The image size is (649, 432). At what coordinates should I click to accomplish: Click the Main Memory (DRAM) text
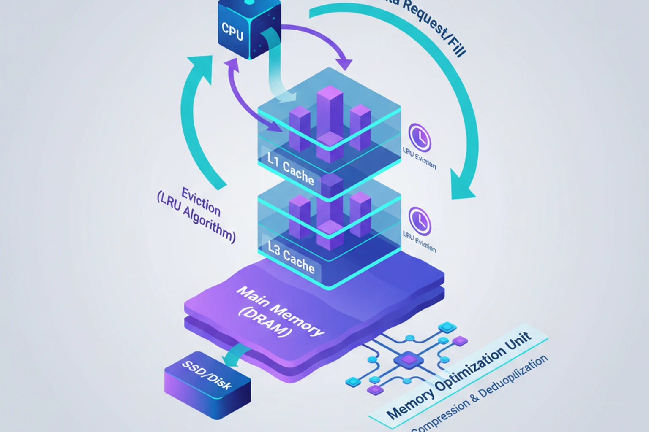coord(279,312)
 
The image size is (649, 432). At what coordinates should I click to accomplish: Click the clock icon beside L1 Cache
coord(420,137)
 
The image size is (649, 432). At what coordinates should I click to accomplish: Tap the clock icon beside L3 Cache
coord(420,221)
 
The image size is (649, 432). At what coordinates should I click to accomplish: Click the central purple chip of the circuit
coord(408,360)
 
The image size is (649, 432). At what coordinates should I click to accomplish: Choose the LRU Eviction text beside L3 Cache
coord(419,241)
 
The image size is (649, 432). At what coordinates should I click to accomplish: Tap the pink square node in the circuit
coord(460,340)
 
